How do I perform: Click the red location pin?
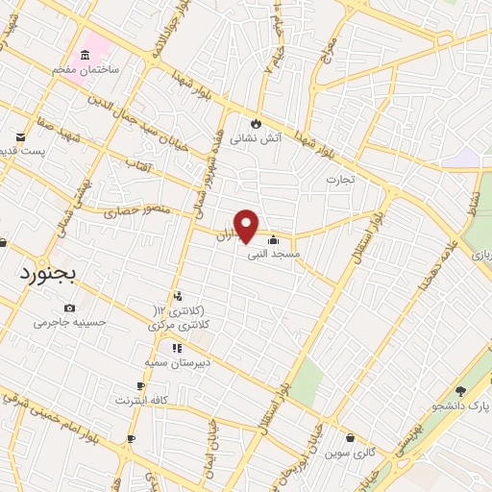pos(247,224)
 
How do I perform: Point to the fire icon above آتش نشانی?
pos(256,123)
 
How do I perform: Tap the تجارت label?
pos(340,179)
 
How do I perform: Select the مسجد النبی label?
pos(274,255)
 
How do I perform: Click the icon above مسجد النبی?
pos(275,240)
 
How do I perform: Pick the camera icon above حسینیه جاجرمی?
pos(69,307)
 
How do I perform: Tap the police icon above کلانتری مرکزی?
pos(177,296)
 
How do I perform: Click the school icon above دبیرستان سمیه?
pos(176,348)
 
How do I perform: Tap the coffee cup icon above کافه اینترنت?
pos(141,386)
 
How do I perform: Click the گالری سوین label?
pos(350,451)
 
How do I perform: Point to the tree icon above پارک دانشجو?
pos(460,391)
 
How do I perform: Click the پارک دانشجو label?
pos(463,406)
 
